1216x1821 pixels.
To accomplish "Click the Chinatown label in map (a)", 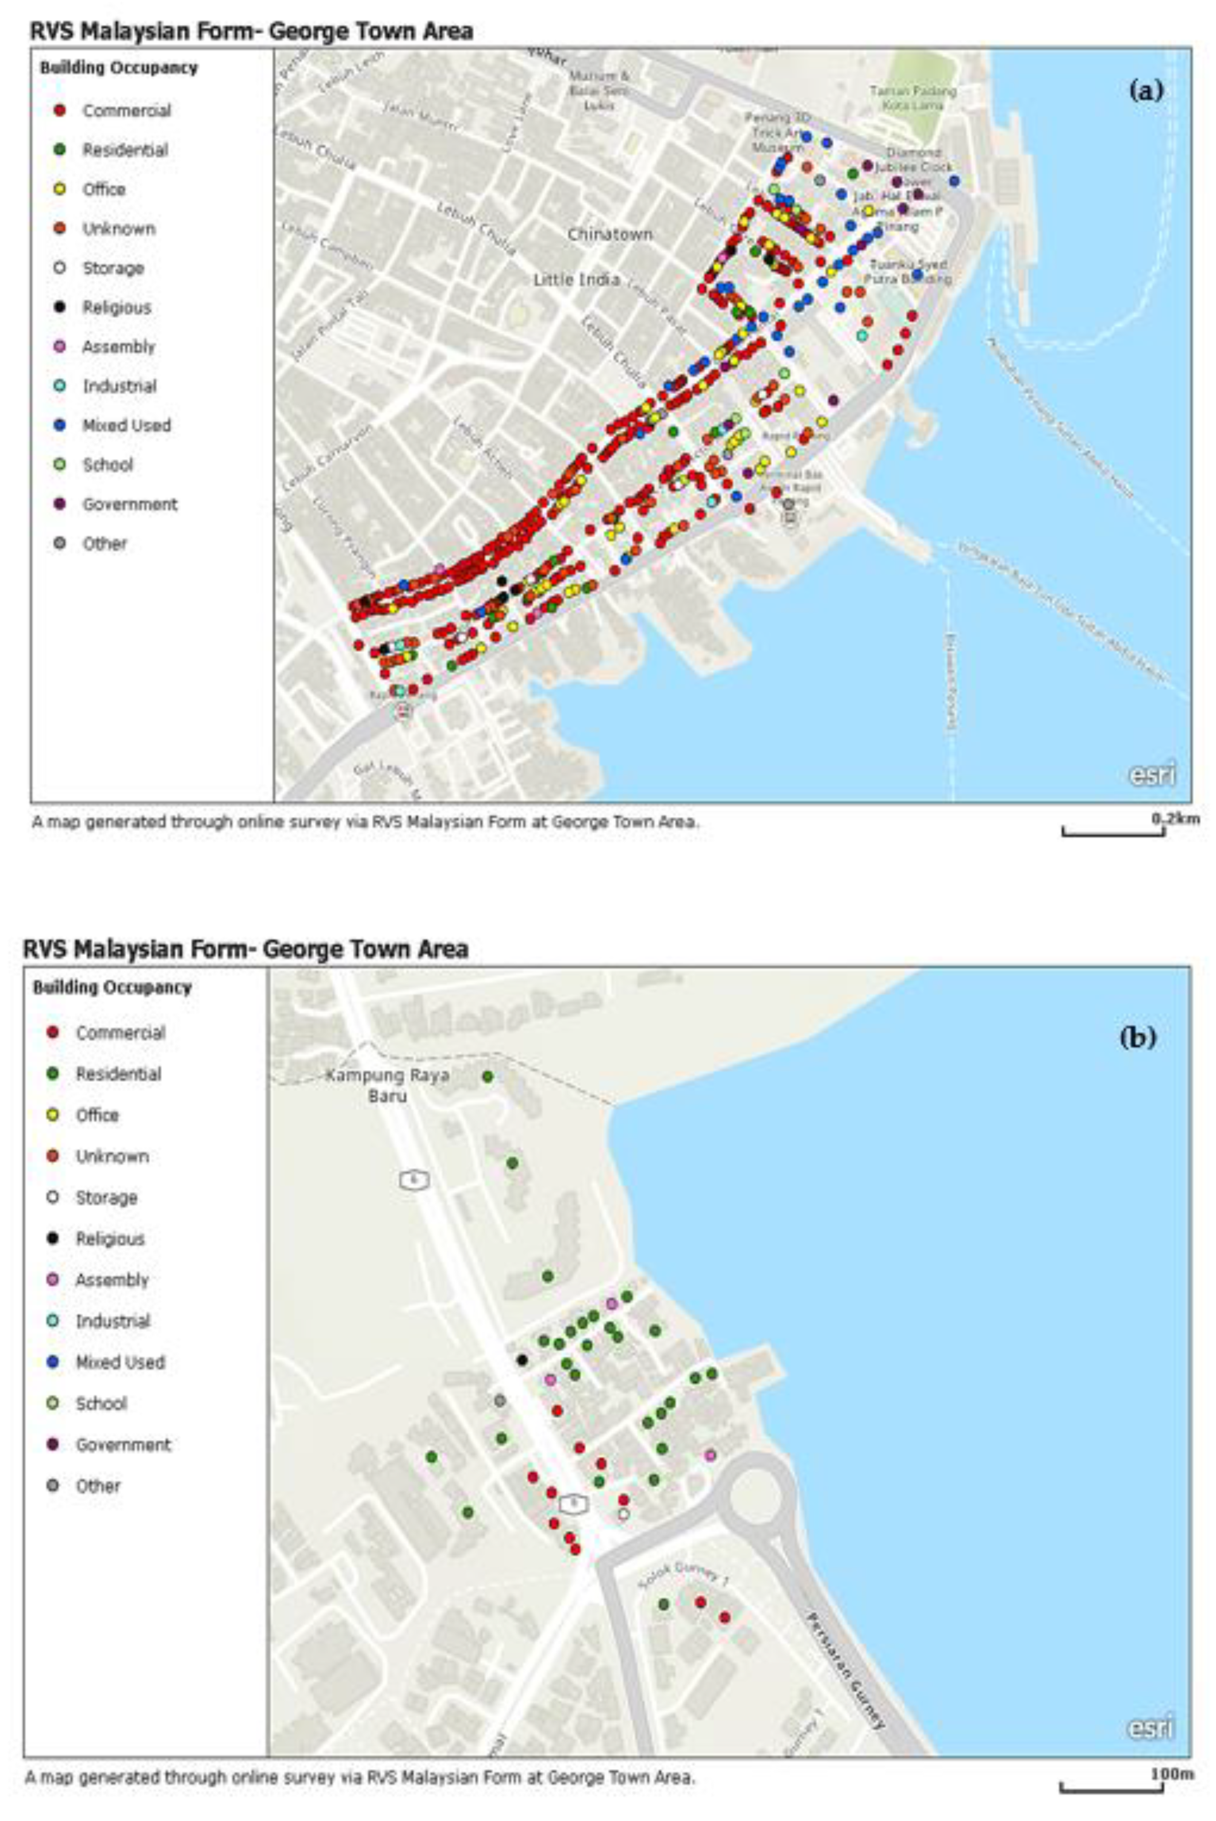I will [x=610, y=234].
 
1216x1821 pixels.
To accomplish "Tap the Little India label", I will [x=576, y=279].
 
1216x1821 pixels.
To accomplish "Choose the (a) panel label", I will [x=1146, y=92].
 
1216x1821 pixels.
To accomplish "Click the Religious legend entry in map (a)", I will [x=116, y=307].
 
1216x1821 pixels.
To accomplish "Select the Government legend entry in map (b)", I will [x=123, y=1445].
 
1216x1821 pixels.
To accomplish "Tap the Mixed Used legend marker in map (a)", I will [x=60, y=425].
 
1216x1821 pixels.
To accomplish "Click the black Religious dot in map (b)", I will [x=522, y=1359].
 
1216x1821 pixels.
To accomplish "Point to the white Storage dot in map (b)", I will [x=623, y=1514].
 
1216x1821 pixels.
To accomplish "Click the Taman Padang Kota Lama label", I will [x=913, y=98].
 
